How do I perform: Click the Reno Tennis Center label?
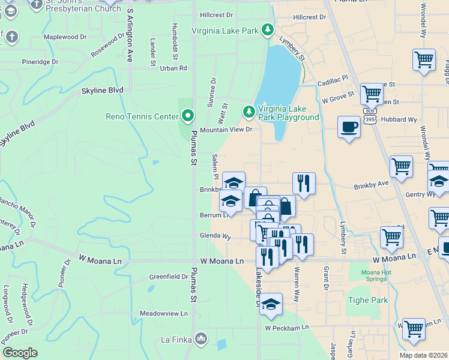(x=142, y=116)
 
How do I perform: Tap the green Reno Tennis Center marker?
(x=188, y=115)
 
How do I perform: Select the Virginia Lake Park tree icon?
(x=267, y=30)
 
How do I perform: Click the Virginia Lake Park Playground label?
(x=288, y=113)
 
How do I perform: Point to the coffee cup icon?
(x=349, y=127)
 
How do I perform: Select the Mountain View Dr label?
(x=226, y=130)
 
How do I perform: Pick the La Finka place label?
(x=176, y=340)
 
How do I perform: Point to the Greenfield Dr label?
(x=168, y=277)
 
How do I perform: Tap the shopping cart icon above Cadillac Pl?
(x=424, y=60)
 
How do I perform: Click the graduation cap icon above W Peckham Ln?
(x=271, y=304)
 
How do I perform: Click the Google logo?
(x=20, y=353)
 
